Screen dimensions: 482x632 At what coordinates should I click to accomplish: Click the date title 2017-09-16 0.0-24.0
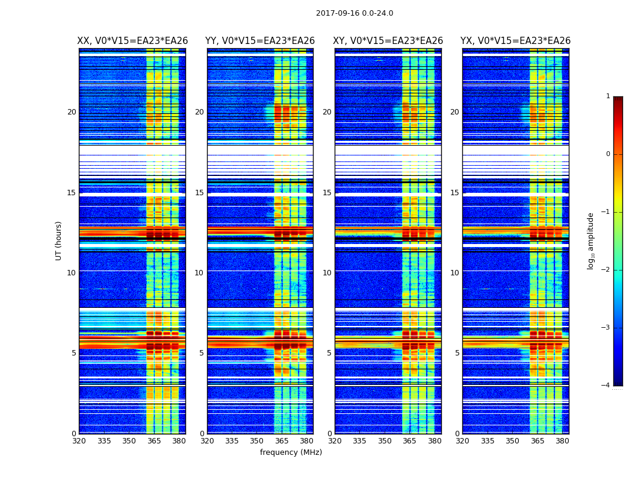[x=355, y=13]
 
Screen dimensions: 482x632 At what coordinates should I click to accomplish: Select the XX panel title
[x=132, y=41]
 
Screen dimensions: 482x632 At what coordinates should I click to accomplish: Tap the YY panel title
[x=260, y=41]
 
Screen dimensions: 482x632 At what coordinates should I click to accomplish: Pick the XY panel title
[x=388, y=41]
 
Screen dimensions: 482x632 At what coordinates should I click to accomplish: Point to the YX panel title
[x=515, y=41]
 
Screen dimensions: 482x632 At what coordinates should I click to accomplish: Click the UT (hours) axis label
[x=58, y=240]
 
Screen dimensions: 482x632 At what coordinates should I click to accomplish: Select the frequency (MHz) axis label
[x=291, y=452]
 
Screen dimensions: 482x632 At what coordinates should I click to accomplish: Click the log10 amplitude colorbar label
[x=591, y=240]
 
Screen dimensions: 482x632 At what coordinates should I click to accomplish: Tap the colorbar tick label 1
[x=607, y=96]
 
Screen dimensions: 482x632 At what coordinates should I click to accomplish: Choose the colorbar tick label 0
[x=607, y=154]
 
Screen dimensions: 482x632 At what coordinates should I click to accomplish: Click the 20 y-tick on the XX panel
[x=72, y=112]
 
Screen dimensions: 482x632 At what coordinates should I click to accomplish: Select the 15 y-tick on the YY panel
[x=199, y=193]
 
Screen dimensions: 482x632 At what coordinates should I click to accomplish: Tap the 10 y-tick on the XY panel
[x=327, y=273]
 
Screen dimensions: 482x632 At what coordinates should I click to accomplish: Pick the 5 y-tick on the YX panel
[x=457, y=353]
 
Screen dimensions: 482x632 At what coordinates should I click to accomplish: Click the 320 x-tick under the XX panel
[x=79, y=441]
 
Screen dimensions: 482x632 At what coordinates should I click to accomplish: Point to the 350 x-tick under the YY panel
[x=257, y=441]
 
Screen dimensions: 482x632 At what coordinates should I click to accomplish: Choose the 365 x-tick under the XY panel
[x=410, y=441]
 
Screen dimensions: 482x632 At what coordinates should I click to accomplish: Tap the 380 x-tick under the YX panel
[x=562, y=441]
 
